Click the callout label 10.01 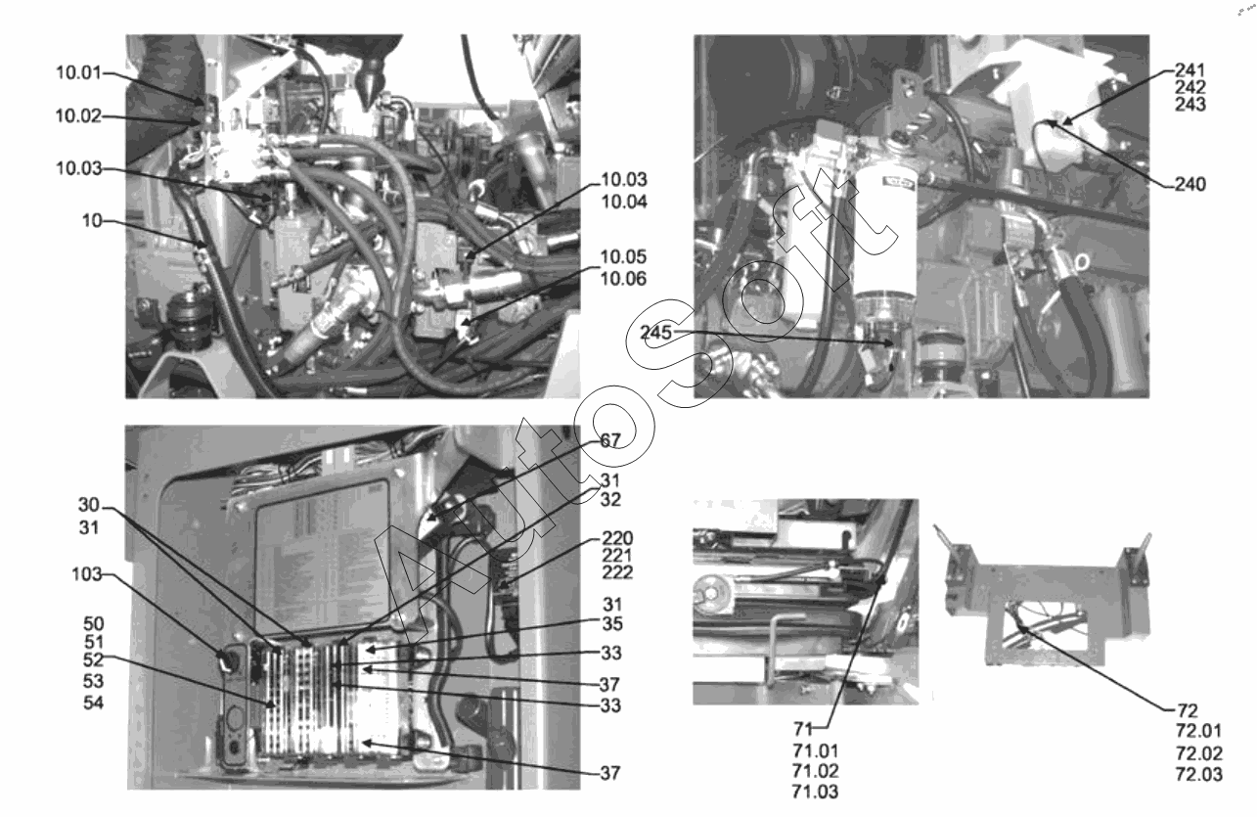pyautogui.click(x=78, y=72)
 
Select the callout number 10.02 pyautogui.click(x=78, y=115)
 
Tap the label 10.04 pyautogui.click(x=624, y=202)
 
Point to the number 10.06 pyautogui.click(x=623, y=278)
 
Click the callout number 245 pyautogui.click(x=656, y=333)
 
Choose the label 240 pyautogui.click(x=1190, y=184)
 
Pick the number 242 pyautogui.click(x=1190, y=87)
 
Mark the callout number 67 pyautogui.click(x=610, y=441)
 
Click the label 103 pyautogui.click(x=87, y=574)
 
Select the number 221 pyautogui.click(x=617, y=556)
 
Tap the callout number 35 pyautogui.click(x=612, y=623)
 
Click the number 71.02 pyautogui.click(x=816, y=770)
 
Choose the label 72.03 pyautogui.click(x=1199, y=774)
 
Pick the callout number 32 pyautogui.click(x=611, y=499)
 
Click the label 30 pyautogui.click(x=89, y=505)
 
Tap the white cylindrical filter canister pyautogui.click(x=885, y=235)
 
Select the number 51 pyautogui.click(x=94, y=642)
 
